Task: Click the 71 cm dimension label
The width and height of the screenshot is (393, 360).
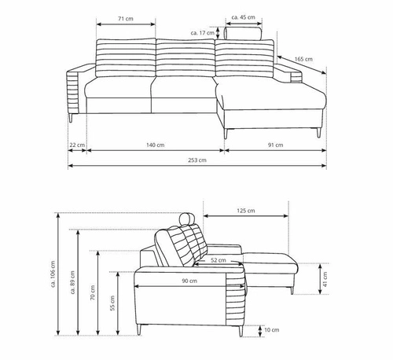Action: pos(126,19)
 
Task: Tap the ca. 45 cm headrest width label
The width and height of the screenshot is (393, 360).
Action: pos(244,17)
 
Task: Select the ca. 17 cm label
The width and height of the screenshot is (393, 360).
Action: pos(203,33)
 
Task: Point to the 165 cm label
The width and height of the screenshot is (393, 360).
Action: pos(303,59)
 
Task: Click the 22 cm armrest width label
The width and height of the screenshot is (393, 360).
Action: pos(77,145)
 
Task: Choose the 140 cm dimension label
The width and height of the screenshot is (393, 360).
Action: pos(155,145)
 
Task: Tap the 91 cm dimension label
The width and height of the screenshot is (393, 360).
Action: pos(275,145)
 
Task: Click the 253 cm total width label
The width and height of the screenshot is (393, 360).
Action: pos(197,160)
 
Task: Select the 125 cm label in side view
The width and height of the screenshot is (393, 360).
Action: pos(246,211)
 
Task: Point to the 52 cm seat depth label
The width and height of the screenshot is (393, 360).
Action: pos(219,260)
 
